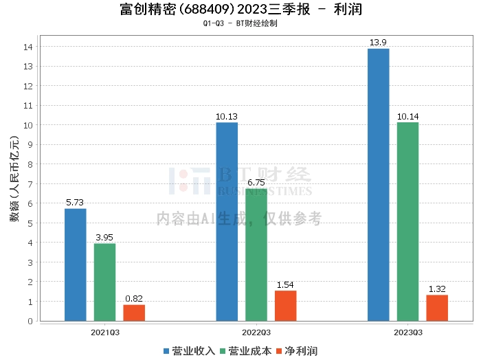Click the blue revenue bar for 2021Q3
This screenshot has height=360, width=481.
click(x=76, y=265)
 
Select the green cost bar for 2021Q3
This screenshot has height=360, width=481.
click(x=104, y=282)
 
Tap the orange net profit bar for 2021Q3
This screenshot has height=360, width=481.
click(x=134, y=313)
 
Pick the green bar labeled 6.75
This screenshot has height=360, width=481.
click(x=256, y=254)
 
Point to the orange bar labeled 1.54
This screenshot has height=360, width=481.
click(x=285, y=306)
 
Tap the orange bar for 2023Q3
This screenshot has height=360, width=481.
click(x=437, y=308)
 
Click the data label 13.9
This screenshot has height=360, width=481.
click(x=378, y=43)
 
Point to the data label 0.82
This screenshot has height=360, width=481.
click(x=134, y=299)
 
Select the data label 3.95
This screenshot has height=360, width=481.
click(x=104, y=238)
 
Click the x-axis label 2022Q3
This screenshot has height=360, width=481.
click(x=256, y=331)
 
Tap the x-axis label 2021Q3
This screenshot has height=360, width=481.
click(x=104, y=331)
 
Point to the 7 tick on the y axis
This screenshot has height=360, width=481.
click(x=30, y=184)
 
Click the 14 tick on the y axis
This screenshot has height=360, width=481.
click(x=28, y=47)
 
